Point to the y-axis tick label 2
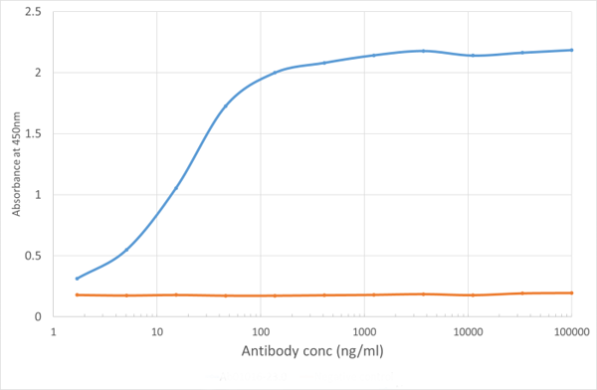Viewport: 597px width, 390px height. click(x=39, y=73)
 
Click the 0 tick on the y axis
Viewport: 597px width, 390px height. click(x=39, y=316)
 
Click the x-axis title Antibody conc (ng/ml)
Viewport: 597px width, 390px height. click(x=311, y=351)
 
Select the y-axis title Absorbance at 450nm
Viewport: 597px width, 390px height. click(x=15, y=164)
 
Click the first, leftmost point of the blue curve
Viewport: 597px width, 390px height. click(x=77, y=279)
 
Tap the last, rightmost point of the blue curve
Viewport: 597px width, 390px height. click(x=571, y=50)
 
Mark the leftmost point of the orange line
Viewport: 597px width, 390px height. click(x=77, y=294)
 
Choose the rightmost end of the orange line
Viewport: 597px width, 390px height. click(x=571, y=292)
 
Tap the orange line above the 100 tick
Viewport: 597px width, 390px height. click(x=260, y=295)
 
